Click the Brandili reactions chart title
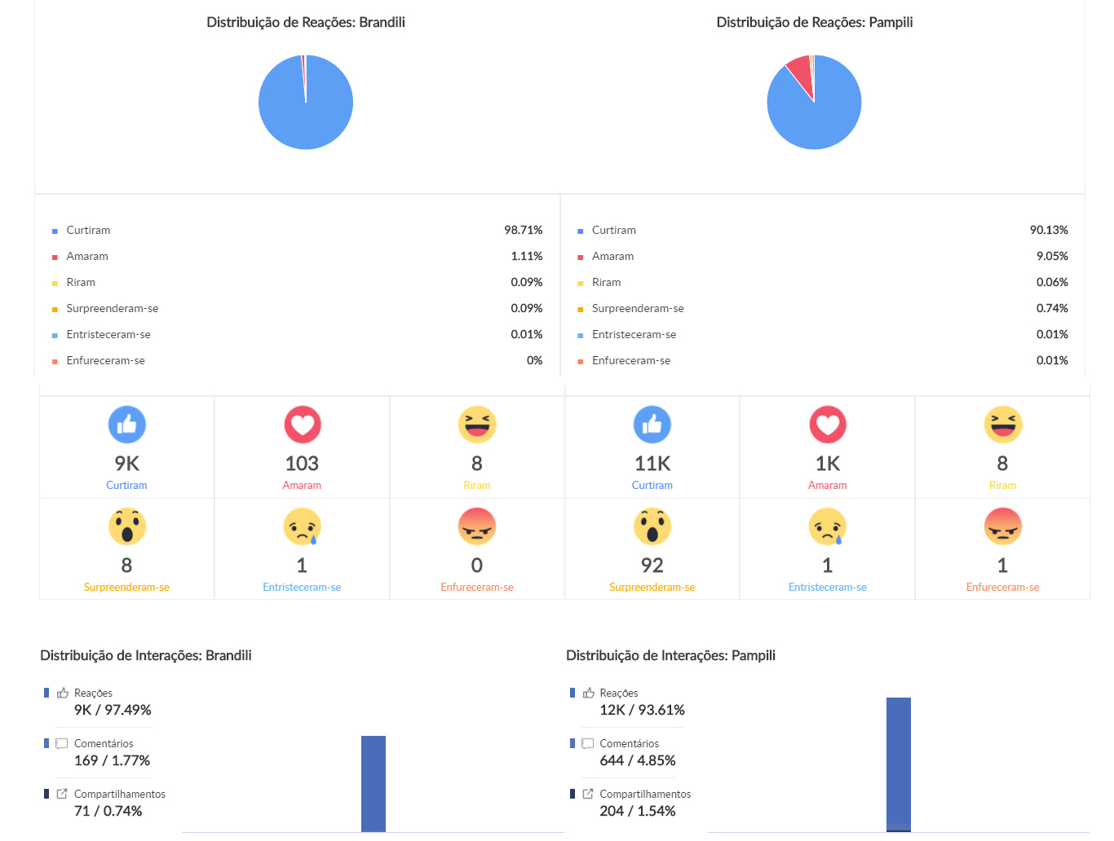point(306,22)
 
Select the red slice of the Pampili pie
point(801,73)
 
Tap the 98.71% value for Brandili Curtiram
point(523,230)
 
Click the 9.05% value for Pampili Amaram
point(1052,256)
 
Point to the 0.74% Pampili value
point(1052,308)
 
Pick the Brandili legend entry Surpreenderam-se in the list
point(113,308)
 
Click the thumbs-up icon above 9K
point(127,425)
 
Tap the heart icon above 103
point(303,425)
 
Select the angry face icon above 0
point(477,526)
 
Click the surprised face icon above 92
point(652,526)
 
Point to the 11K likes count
point(652,464)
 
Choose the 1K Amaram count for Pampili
point(828,464)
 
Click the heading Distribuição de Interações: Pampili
point(670,655)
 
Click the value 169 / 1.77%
point(113,760)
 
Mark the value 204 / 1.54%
point(638,811)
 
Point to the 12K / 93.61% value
point(642,710)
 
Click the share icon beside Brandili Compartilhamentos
point(62,794)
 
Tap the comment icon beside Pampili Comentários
point(587,743)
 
